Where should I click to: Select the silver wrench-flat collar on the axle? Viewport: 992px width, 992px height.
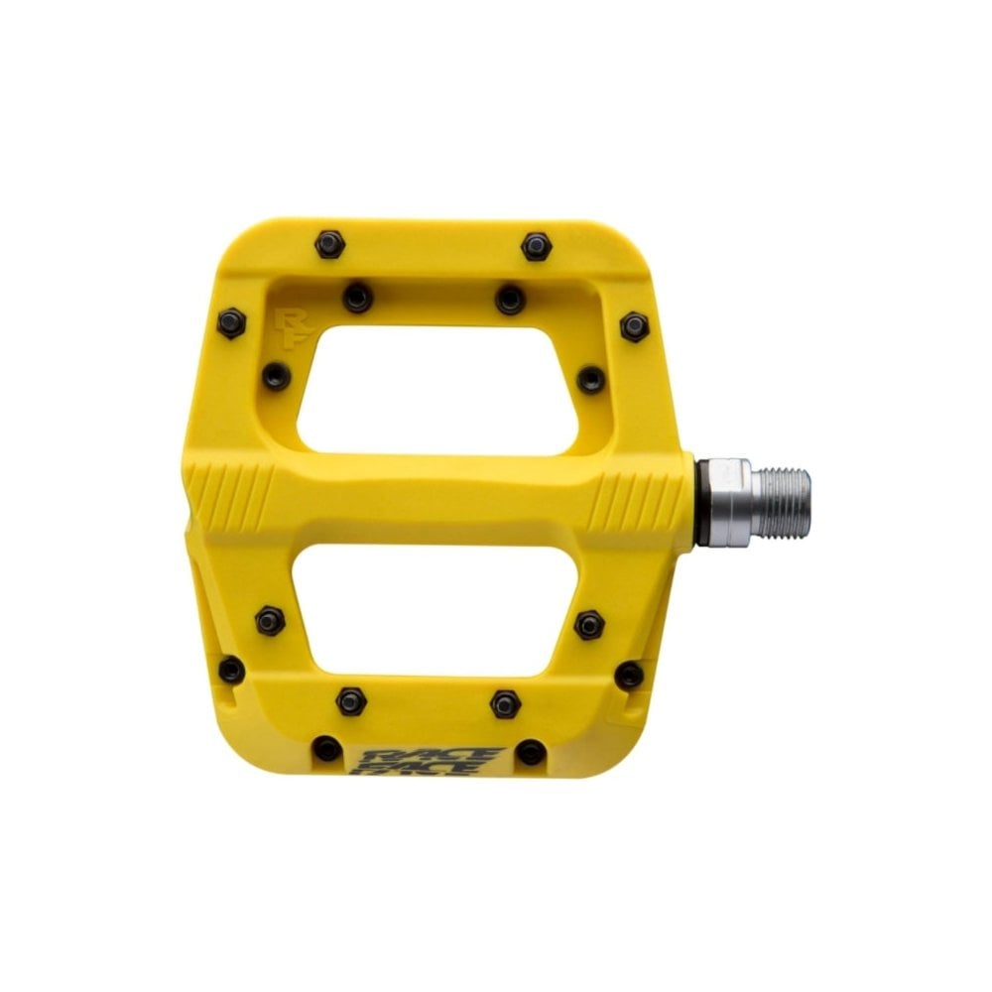pos(729,502)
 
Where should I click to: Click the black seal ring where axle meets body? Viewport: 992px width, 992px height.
pos(701,502)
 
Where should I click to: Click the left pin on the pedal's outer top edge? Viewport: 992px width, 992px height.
pos(329,243)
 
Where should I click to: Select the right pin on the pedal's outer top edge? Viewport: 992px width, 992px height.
pos(536,245)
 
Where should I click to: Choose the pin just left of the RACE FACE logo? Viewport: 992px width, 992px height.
pos(327,748)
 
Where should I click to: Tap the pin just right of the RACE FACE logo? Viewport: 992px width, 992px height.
pos(531,751)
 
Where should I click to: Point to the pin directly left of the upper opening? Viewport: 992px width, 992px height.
pos(276,376)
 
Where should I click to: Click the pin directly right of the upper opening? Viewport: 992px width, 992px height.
pos(590,378)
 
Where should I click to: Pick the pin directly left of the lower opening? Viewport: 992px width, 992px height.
pos(270,621)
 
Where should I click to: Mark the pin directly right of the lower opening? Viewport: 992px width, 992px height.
pos(589,624)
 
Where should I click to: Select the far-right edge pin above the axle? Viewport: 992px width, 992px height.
pos(634,325)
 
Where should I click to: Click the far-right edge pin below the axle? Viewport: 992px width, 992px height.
pos(629,676)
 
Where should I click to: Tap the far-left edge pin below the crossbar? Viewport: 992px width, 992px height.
pos(231,670)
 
